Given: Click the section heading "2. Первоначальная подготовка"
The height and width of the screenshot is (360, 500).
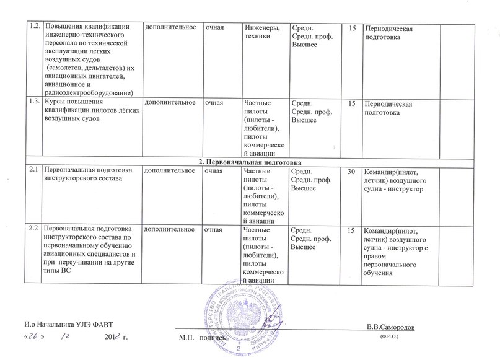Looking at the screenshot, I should tap(250, 162).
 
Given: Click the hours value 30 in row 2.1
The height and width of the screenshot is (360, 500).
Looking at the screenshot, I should tap(352, 172).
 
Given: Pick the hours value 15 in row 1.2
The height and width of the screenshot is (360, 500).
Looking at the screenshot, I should tap(353, 28).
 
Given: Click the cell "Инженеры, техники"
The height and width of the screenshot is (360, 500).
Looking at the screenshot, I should tap(263, 32).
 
